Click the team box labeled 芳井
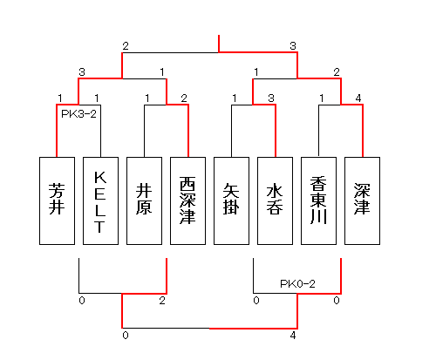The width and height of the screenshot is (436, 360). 57,200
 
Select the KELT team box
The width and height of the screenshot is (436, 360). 100,200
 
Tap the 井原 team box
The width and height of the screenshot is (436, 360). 144,200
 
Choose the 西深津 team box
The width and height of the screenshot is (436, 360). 187,200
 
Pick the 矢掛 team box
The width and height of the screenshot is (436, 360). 231,200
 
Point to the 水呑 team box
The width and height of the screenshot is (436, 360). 275,200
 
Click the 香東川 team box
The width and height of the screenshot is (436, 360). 318,200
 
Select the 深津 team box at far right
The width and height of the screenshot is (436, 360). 362,200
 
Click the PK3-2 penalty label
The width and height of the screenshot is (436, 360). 78,114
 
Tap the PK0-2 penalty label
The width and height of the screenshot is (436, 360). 297,283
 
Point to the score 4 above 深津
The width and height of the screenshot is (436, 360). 358,98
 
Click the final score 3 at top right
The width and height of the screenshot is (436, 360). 293,46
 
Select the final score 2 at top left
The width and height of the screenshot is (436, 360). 126,46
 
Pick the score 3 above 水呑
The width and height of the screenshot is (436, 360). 271,98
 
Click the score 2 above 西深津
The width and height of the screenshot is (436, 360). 184,98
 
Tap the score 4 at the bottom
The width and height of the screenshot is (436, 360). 293,336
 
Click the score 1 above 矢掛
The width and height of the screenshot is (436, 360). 235,98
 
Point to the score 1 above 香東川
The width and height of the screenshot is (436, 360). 322,98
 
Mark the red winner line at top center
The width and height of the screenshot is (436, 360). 219,44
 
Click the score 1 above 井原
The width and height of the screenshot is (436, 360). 147,98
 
